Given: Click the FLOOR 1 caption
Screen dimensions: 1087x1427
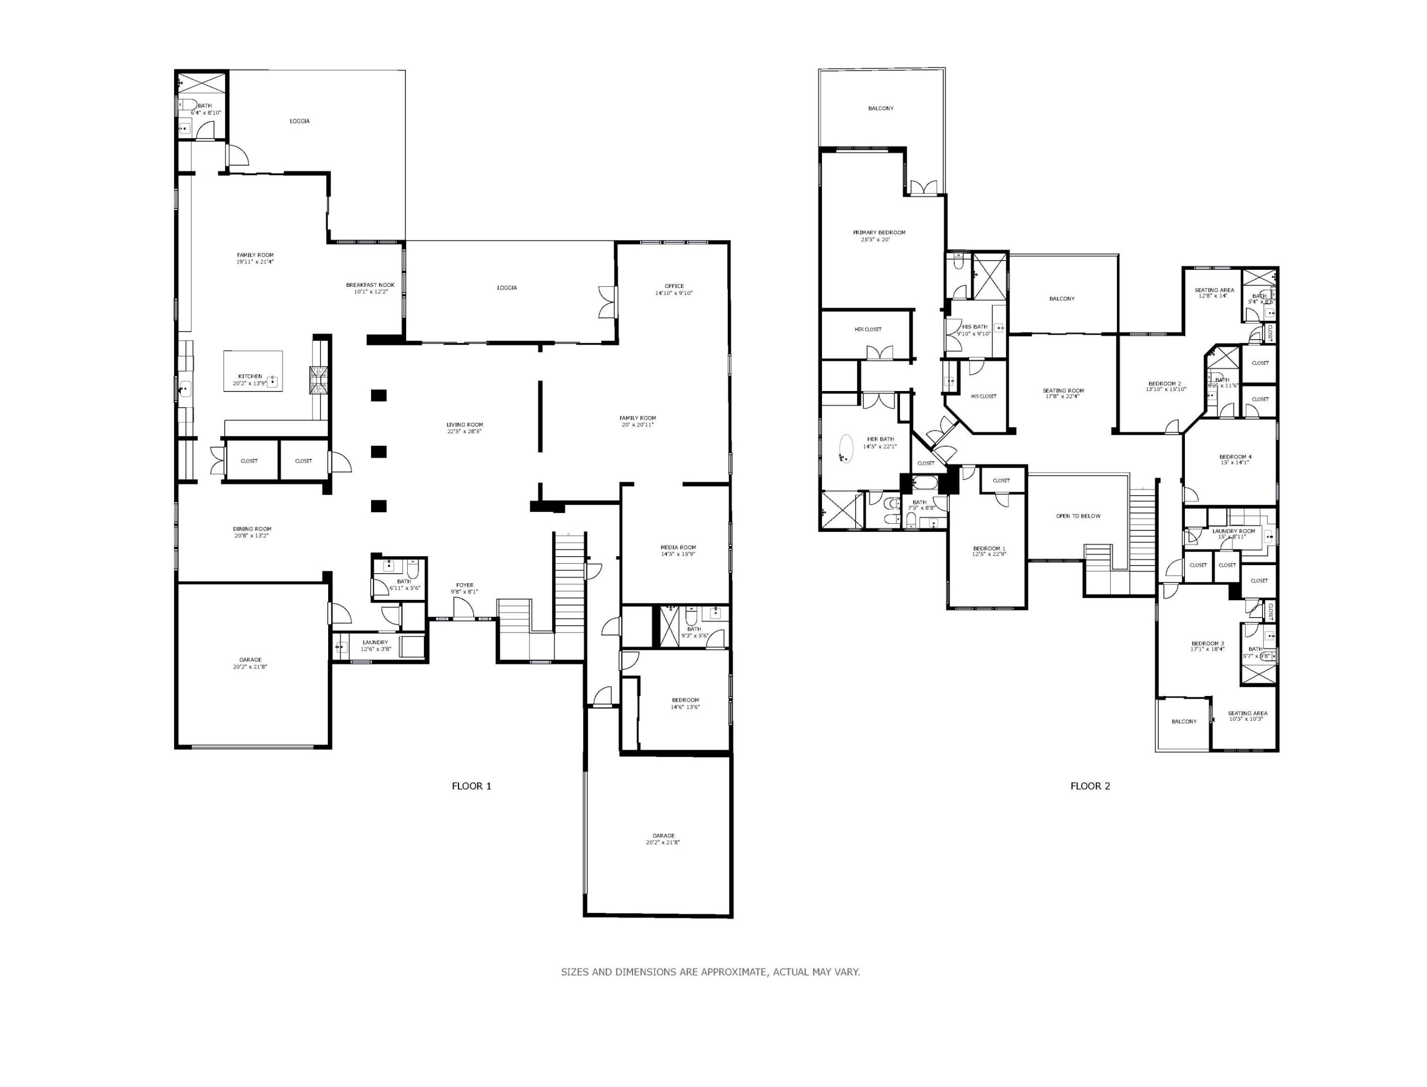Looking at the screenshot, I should tap(471, 786).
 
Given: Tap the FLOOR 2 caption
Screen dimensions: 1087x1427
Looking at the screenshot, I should tap(1090, 786).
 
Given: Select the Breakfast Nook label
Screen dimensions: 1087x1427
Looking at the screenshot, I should tap(369, 285).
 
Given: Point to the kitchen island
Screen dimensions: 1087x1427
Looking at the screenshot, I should tap(253, 371).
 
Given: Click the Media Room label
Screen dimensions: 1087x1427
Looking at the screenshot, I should tap(678, 548).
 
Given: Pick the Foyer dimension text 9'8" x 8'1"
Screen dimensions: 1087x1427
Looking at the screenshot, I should tap(464, 591).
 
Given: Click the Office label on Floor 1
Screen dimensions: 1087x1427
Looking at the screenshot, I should tap(673, 286).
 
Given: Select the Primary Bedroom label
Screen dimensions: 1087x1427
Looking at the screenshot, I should tap(879, 232).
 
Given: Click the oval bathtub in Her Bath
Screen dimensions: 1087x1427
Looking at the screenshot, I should tap(846, 447).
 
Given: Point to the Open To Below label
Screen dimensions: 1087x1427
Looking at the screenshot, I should tap(1078, 516).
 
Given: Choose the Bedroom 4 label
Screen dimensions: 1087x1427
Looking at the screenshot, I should tap(1235, 457).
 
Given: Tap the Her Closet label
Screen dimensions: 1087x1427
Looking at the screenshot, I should tap(868, 329).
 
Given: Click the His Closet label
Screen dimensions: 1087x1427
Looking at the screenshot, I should tap(984, 396).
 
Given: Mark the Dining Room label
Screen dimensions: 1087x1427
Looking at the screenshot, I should tap(252, 528).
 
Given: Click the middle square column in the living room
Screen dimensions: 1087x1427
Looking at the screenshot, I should tap(379, 451).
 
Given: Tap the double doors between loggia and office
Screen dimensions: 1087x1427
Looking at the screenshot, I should tap(608, 301).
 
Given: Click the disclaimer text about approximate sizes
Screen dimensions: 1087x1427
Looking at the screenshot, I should tap(710, 972).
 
